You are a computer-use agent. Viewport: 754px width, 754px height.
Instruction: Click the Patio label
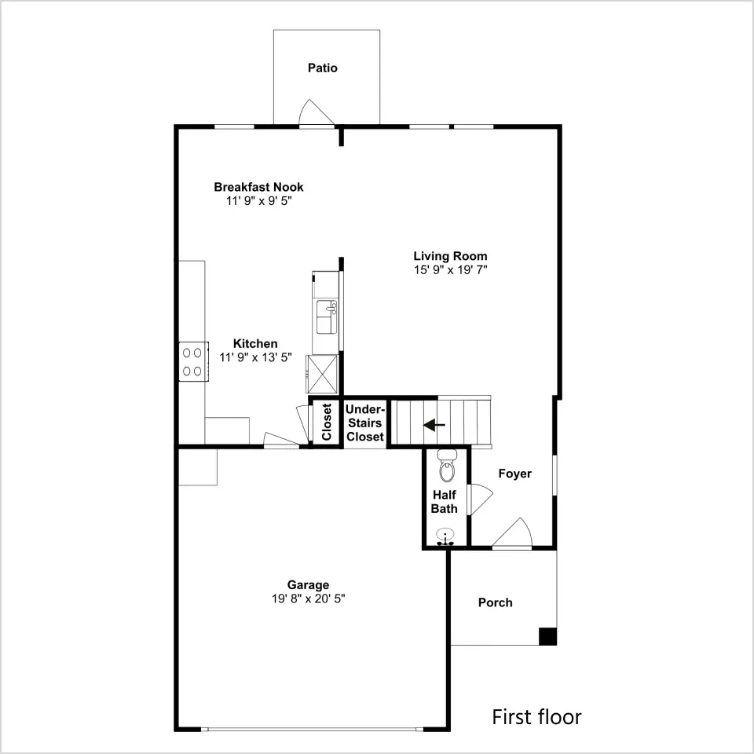[x=322, y=68]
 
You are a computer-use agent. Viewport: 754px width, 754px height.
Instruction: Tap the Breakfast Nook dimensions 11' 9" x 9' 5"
[x=259, y=200]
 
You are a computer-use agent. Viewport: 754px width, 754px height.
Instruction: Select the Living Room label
[x=450, y=256]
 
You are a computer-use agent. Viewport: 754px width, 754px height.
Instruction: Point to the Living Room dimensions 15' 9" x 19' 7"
[x=451, y=269]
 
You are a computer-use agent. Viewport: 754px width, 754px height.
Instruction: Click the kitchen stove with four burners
[x=194, y=361]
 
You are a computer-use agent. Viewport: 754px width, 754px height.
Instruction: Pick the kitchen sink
[x=327, y=317]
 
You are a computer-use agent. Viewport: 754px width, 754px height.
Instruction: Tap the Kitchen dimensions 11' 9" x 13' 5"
[x=255, y=357]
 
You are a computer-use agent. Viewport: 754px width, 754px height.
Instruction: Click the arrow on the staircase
[x=434, y=425]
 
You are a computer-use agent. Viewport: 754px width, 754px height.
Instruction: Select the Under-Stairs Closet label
[x=365, y=423]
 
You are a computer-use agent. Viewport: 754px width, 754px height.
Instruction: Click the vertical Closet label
[x=327, y=422]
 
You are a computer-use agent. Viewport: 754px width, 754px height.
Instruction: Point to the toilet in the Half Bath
[x=446, y=466]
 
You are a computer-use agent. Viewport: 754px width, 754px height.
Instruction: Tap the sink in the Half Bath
[x=446, y=536]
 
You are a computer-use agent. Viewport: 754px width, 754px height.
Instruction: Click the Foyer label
[x=515, y=474]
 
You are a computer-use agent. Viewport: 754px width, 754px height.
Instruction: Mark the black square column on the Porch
[x=547, y=636]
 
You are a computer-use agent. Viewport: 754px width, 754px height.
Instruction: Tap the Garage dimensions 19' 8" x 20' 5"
[x=308, y=598]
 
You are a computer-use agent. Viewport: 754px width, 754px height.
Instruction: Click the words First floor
[x=536, y=716]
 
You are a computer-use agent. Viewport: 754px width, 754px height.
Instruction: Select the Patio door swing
[x=317, y=113]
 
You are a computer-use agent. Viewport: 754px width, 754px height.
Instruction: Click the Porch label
[x=496, y=602]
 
